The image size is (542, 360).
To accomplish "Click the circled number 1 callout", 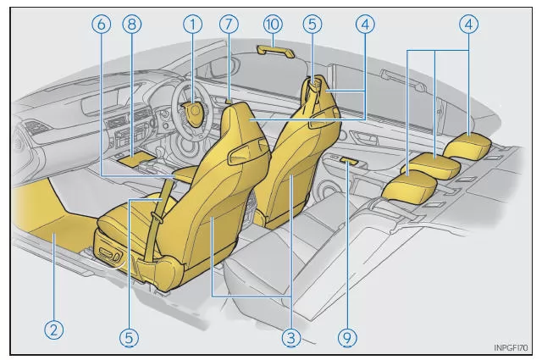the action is pyautogui.click(x=192, y=25).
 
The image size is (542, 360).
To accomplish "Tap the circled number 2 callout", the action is pyautogui.click(x=54, y=330).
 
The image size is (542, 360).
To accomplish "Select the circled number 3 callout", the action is pyautogui.click(x=291, y=337).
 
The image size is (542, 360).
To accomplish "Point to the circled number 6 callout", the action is pyautogui.click(x=102, y=25).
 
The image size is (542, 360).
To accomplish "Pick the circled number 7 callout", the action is pyautogui.click(x=229, y=25).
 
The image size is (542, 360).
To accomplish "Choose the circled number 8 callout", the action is pyautogui.click(x=132, y=25).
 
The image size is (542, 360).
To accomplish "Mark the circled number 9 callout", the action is pyautogui.click(x=347, y=337).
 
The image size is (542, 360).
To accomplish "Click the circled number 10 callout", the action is pyautogui.click(x=273, y=25).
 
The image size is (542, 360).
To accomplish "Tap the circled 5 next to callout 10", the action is pyautogui.click(x=312, y=25).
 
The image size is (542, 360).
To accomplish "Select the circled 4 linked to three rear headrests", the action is pyautogui.click(x=469, y=25).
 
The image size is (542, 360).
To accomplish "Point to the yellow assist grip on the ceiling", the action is pyautogui.click(x=276, y=51).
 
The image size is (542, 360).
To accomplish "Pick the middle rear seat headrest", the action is pyautogui.click(x=431, y=166).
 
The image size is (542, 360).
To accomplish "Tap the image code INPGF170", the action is pyautogui.click(x=511, y=347).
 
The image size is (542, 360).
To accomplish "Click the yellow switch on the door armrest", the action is pyautogui.click(x=348, y=160).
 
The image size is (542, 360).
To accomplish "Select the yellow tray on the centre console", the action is pyautogui.click(x=136, y=158).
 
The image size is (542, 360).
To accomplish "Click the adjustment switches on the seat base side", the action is pyautogui.click(x=110, y=254).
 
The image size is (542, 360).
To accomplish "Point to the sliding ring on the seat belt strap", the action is pyautogui.click(x=157, y=219).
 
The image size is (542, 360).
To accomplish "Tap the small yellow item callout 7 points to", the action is pyautogui.click(x=228, y=102).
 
